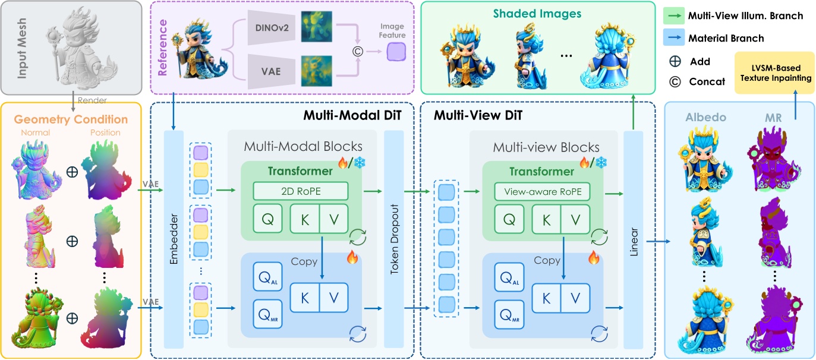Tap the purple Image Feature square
395,53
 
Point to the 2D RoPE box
300,191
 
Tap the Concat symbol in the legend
675,82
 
